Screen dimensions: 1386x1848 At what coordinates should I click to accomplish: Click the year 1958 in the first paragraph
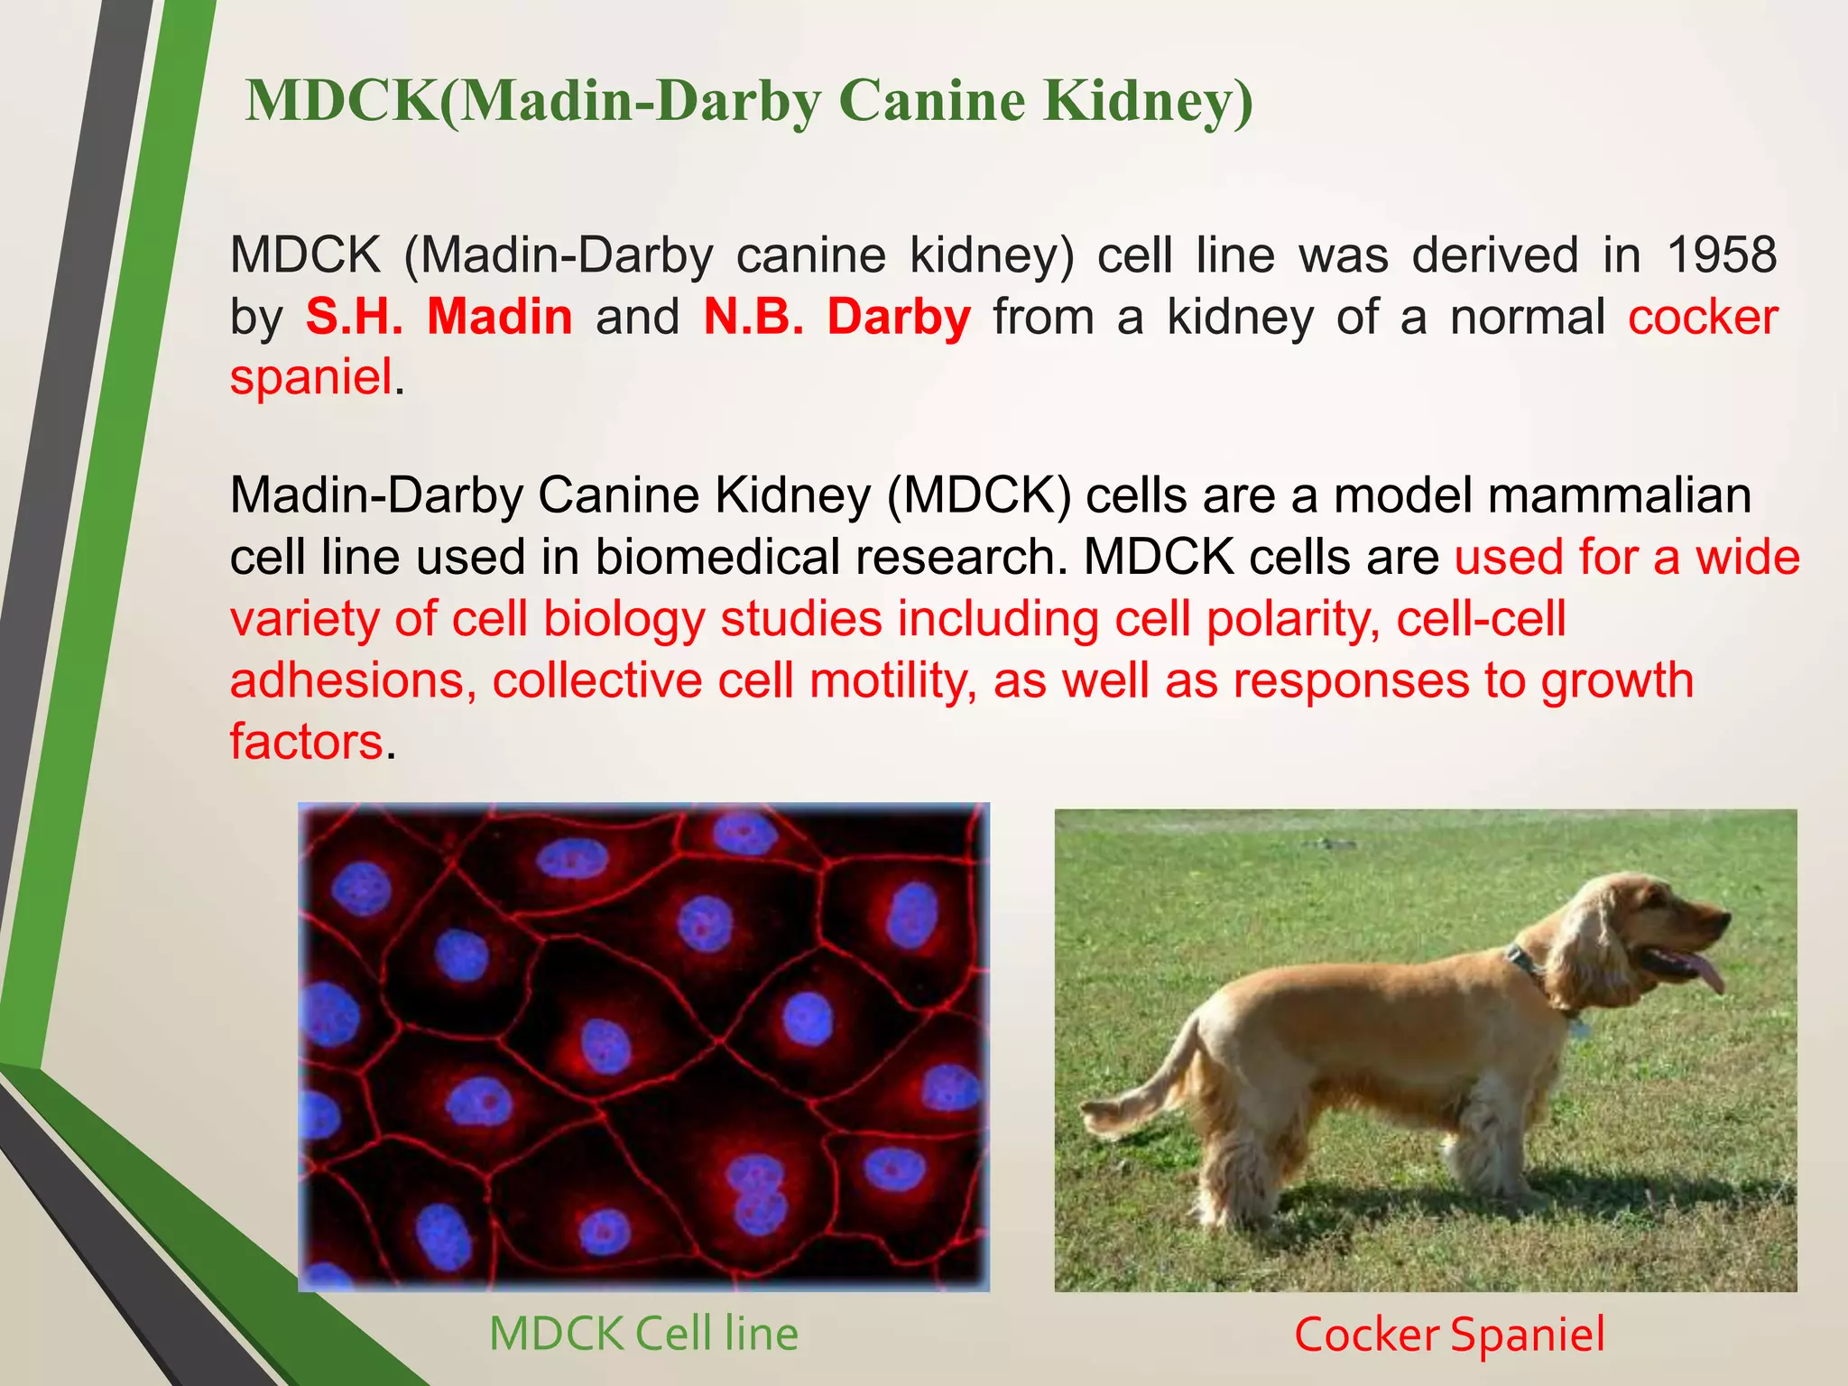(x=1721, y=255)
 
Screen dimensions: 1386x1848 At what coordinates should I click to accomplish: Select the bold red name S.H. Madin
(x=439, y=318)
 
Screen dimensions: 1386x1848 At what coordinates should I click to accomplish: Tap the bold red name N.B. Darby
(x=836, y=318)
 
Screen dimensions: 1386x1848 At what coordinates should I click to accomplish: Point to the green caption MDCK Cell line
(x=643, y=1334)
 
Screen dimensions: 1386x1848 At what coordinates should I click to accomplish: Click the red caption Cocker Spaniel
(x=1449, y=1335)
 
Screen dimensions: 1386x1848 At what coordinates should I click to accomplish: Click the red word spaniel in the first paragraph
(x=311, y=377)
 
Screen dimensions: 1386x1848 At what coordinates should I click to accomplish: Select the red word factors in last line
(x=307, y=742)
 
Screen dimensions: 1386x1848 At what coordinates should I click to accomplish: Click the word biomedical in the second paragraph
(x=716, y=557)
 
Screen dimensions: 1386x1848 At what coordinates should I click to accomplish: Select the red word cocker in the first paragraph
(x=1702, y=318)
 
